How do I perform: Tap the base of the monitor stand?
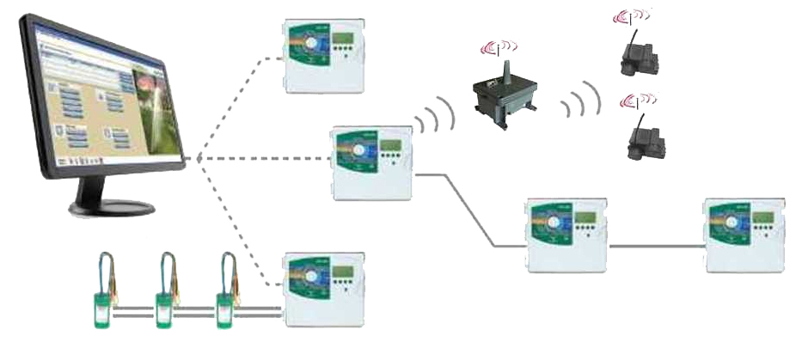pyautogui.click(x=112, y=207)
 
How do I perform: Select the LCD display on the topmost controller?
pyautogui.click(x=345, y=40)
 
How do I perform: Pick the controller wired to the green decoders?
pyautogui.click(x=325, y=289)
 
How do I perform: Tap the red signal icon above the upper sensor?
pyautogui.click(x=630, y=16)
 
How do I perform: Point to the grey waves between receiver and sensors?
pyautogui.click(x=579, y=101)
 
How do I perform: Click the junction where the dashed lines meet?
pyautogui.click(x=198, y=158)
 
